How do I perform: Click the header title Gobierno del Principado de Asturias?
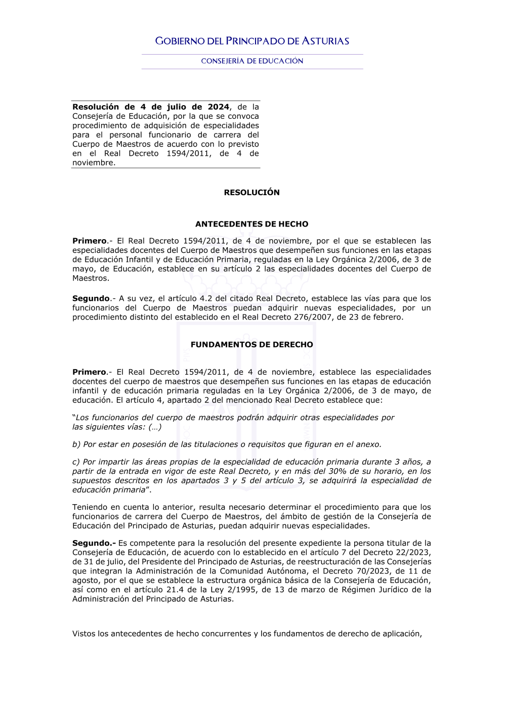click(x=252, y=41)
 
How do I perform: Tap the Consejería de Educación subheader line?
click(x=252, y=61)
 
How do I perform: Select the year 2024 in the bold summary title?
click(x=219, y=107)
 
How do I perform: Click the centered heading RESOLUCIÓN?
click(x=251, y=192)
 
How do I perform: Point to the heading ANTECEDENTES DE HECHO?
click(x=251, y=224)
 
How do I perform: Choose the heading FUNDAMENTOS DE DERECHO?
click(x=251, y=344)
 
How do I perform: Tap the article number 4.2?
click(x=206, y=298)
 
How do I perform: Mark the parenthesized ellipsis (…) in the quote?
click(x=155, y=427)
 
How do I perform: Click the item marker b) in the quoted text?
click(x=76, y=444)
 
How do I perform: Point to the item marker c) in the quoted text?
click(x=76, y=462)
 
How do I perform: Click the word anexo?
click(x=369, y=444)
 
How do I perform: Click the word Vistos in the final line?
click(x=83, y=634)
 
